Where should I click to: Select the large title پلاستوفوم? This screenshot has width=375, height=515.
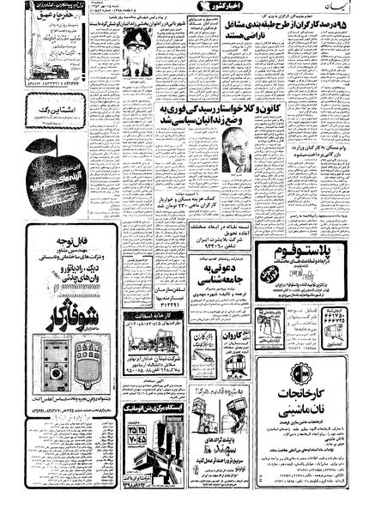click(x=325, y=251)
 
